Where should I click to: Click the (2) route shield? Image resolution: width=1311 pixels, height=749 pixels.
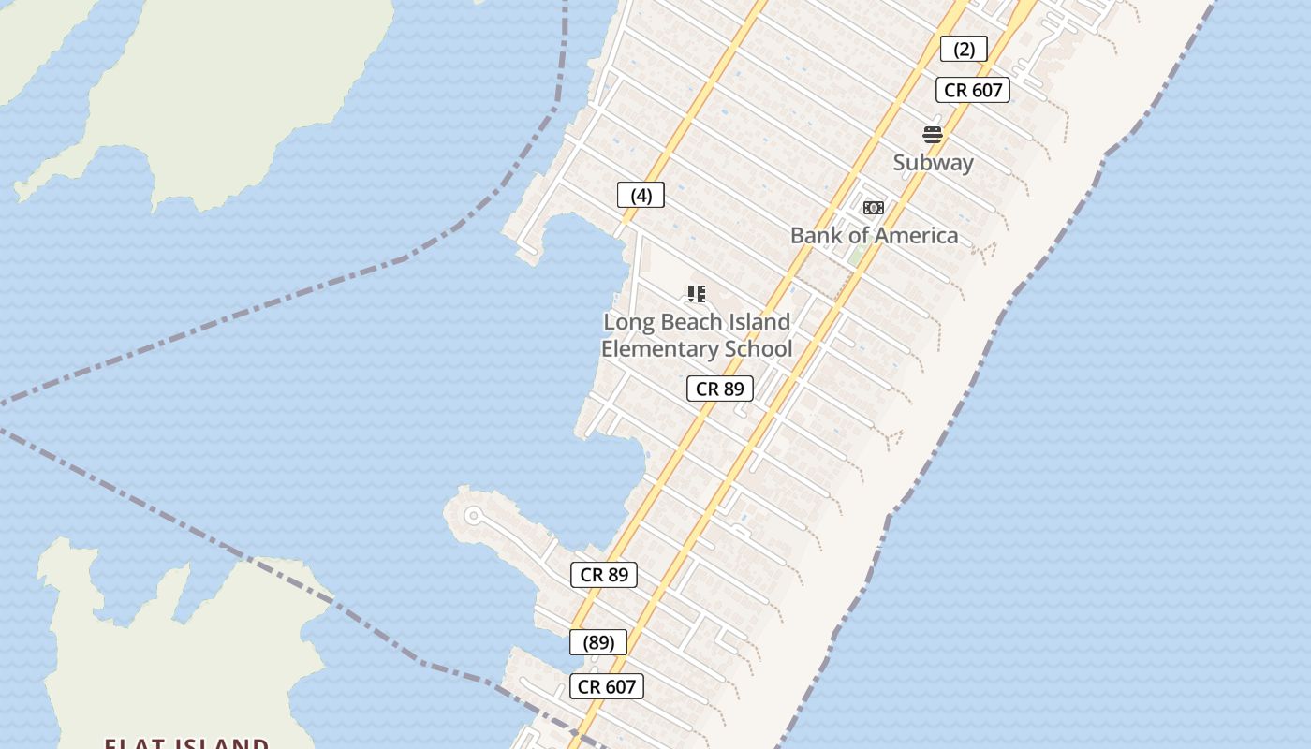(x=964, y=50)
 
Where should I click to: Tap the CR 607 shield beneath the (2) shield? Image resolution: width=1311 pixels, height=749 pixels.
(x=973, y=90)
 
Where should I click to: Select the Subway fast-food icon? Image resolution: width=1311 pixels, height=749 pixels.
(x=932, y=134)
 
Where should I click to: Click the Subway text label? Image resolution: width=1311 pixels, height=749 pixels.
(x=933, y=162)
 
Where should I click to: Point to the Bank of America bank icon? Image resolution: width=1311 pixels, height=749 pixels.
(x=874, y=208)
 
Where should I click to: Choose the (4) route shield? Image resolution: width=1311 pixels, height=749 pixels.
(x=641, y=195)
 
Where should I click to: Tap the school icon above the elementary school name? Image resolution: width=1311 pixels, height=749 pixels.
(x=696, y=294)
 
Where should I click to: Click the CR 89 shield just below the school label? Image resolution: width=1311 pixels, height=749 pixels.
(x=719, y=389)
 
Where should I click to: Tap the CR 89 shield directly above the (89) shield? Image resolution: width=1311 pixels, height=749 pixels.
(x=604, y=575)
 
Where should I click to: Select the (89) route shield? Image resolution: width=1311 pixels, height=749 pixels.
(x=598, y=642)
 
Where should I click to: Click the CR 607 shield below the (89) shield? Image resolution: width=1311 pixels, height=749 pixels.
(x=606, y=686)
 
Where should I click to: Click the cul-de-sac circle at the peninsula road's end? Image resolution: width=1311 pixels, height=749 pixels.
(x=473, y=515)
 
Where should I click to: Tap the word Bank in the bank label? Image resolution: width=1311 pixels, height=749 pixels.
(x=817, y=235)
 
